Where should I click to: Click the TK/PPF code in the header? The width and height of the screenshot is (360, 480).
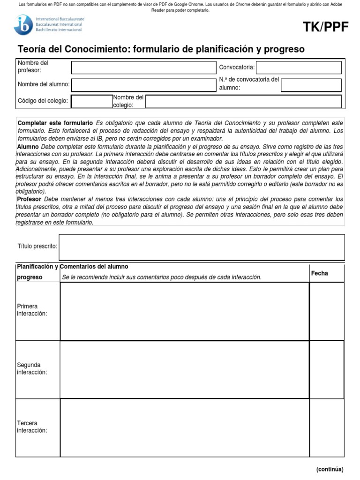[326, 28]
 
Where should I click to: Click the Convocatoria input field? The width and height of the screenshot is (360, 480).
[299, 67]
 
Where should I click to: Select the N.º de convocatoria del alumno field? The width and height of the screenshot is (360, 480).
[311, 85]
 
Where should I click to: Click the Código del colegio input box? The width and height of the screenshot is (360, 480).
[91, 101]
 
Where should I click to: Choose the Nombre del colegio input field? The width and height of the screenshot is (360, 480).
[244, 101]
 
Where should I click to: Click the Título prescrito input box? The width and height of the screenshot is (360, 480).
[202, 247]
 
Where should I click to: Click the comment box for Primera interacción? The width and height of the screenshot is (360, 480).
[185, 311]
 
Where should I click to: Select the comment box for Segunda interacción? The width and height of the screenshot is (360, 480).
[185, 369]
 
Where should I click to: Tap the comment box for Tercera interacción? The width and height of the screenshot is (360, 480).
[185, 427]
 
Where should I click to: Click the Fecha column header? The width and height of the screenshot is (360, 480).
[320, 273]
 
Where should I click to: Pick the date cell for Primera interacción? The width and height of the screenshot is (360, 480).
[327, 311]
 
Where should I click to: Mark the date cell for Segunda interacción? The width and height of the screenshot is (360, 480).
[327, 369]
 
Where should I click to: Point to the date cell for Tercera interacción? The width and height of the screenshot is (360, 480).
[327, 427]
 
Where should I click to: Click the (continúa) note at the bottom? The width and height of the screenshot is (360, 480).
[330, 469]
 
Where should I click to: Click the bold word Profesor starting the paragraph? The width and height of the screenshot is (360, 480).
[29, 199]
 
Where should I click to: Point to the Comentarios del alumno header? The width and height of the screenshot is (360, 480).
[94, 267]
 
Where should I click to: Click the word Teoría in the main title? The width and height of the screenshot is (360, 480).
[31, 49]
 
